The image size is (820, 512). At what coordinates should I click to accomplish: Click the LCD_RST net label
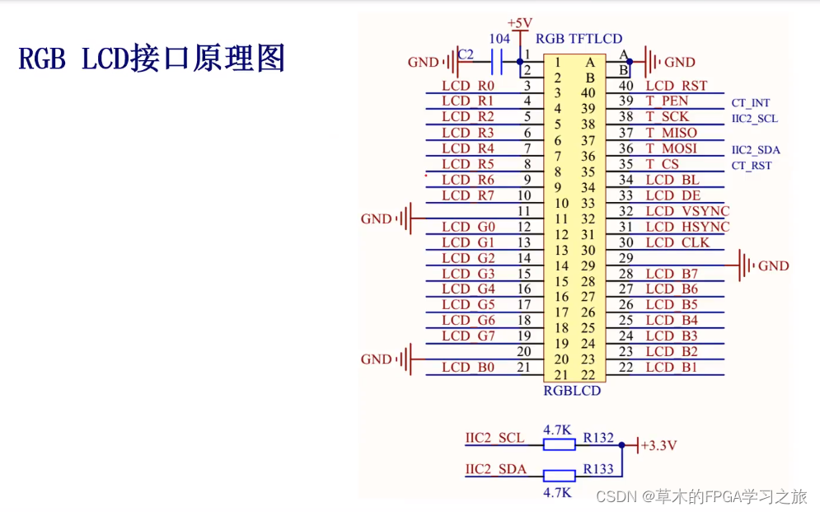[x=676, y=86]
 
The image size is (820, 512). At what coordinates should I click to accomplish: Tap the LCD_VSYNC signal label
[x=687, y=211]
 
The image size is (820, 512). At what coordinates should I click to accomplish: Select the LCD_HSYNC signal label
[x=687, y=227]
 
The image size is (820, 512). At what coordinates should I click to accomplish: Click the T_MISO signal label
[x=671, y=133]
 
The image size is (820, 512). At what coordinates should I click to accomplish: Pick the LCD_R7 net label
[x=467, y=195]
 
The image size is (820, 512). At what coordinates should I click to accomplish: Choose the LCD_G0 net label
[x=467, y=227]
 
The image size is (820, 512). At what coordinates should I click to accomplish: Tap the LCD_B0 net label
[x=467, y=368]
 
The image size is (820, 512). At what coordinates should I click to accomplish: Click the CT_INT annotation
[x=750, y=103]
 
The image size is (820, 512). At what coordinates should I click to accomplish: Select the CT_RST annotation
[x=751, y=166]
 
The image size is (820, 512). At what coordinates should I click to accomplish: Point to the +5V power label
[x=520, y=22]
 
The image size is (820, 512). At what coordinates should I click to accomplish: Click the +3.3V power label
[x=658, y=446]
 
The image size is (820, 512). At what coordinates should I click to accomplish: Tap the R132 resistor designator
[x=598, y=438]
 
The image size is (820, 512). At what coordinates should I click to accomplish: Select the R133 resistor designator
[x=598, y=469]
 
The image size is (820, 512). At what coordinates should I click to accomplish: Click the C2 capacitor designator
[x=466, y=54]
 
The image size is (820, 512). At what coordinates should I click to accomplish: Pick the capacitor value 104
[x=499, y=39]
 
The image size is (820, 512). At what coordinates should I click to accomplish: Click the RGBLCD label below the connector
[x=572, y=391]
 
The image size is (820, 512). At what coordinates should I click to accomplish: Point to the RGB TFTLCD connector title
[x=579, y=39]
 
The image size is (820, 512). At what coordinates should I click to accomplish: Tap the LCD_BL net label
[x=672, y=180]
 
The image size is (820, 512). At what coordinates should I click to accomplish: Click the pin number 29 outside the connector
[x=626, y=258]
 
